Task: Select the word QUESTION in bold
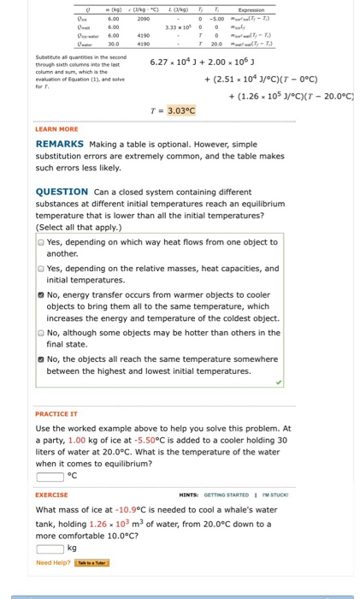(x=62, y=192)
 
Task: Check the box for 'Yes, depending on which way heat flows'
(x=41, y=242)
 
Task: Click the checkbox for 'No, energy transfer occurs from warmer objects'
(x=41, y=294)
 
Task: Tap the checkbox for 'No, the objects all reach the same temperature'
(x=41, y=359)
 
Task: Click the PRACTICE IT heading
(x=57, y=413)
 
